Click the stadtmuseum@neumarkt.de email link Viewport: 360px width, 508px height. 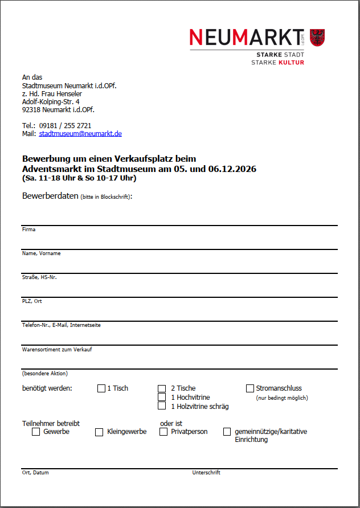(80, 134)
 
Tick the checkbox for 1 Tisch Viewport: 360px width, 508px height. (101, 388)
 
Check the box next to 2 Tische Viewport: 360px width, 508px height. (162, 388)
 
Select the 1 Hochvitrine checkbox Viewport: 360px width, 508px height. (162, 398)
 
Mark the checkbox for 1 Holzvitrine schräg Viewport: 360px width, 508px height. (162, 407)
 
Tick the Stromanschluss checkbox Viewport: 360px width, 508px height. (250, 388)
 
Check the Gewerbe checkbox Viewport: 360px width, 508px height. (36, 432)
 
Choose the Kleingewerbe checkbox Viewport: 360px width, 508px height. (99, 432)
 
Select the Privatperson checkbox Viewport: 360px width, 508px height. (163, 432)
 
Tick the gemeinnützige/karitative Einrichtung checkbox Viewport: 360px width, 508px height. (227, 432)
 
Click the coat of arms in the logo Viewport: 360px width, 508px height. (317, 38)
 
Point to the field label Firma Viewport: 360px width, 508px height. (28, 230)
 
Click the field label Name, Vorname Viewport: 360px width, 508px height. (41, 253)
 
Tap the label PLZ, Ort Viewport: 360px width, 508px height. (32, 301)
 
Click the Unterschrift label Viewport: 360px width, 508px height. (206, 473)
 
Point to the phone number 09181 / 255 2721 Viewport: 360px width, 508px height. (65, 125)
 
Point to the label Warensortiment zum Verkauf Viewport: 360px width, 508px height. (57, 349)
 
